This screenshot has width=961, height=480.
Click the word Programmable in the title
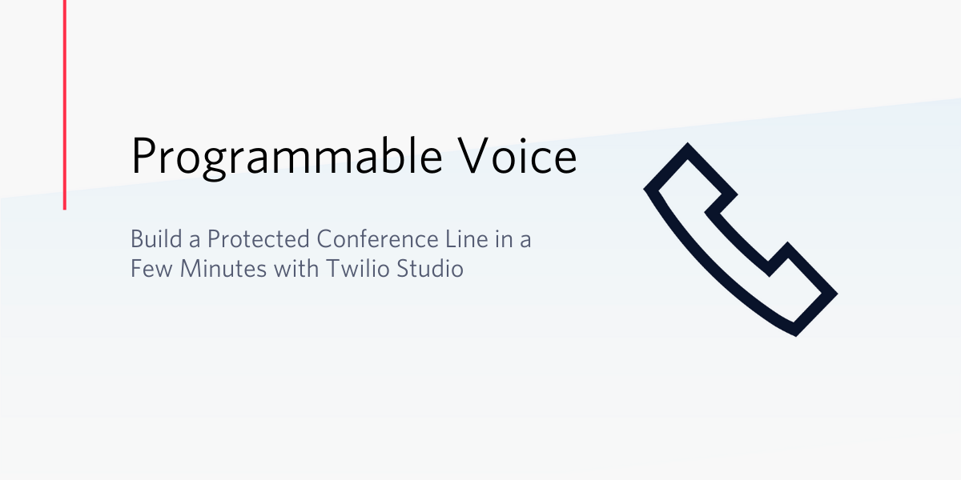(287, 157)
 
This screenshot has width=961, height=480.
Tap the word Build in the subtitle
(156, 238)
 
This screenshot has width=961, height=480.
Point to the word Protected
(258, 238)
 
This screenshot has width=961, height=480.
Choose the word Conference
(378, 238)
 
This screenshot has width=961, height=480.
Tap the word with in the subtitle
(296, 269)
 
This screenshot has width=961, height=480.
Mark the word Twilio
(358, 269)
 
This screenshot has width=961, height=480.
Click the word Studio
(430, 269)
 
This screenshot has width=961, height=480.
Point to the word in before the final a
(504, 238)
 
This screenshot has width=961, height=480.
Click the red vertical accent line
(65, 105)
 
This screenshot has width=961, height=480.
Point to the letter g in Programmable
(214, 164)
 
